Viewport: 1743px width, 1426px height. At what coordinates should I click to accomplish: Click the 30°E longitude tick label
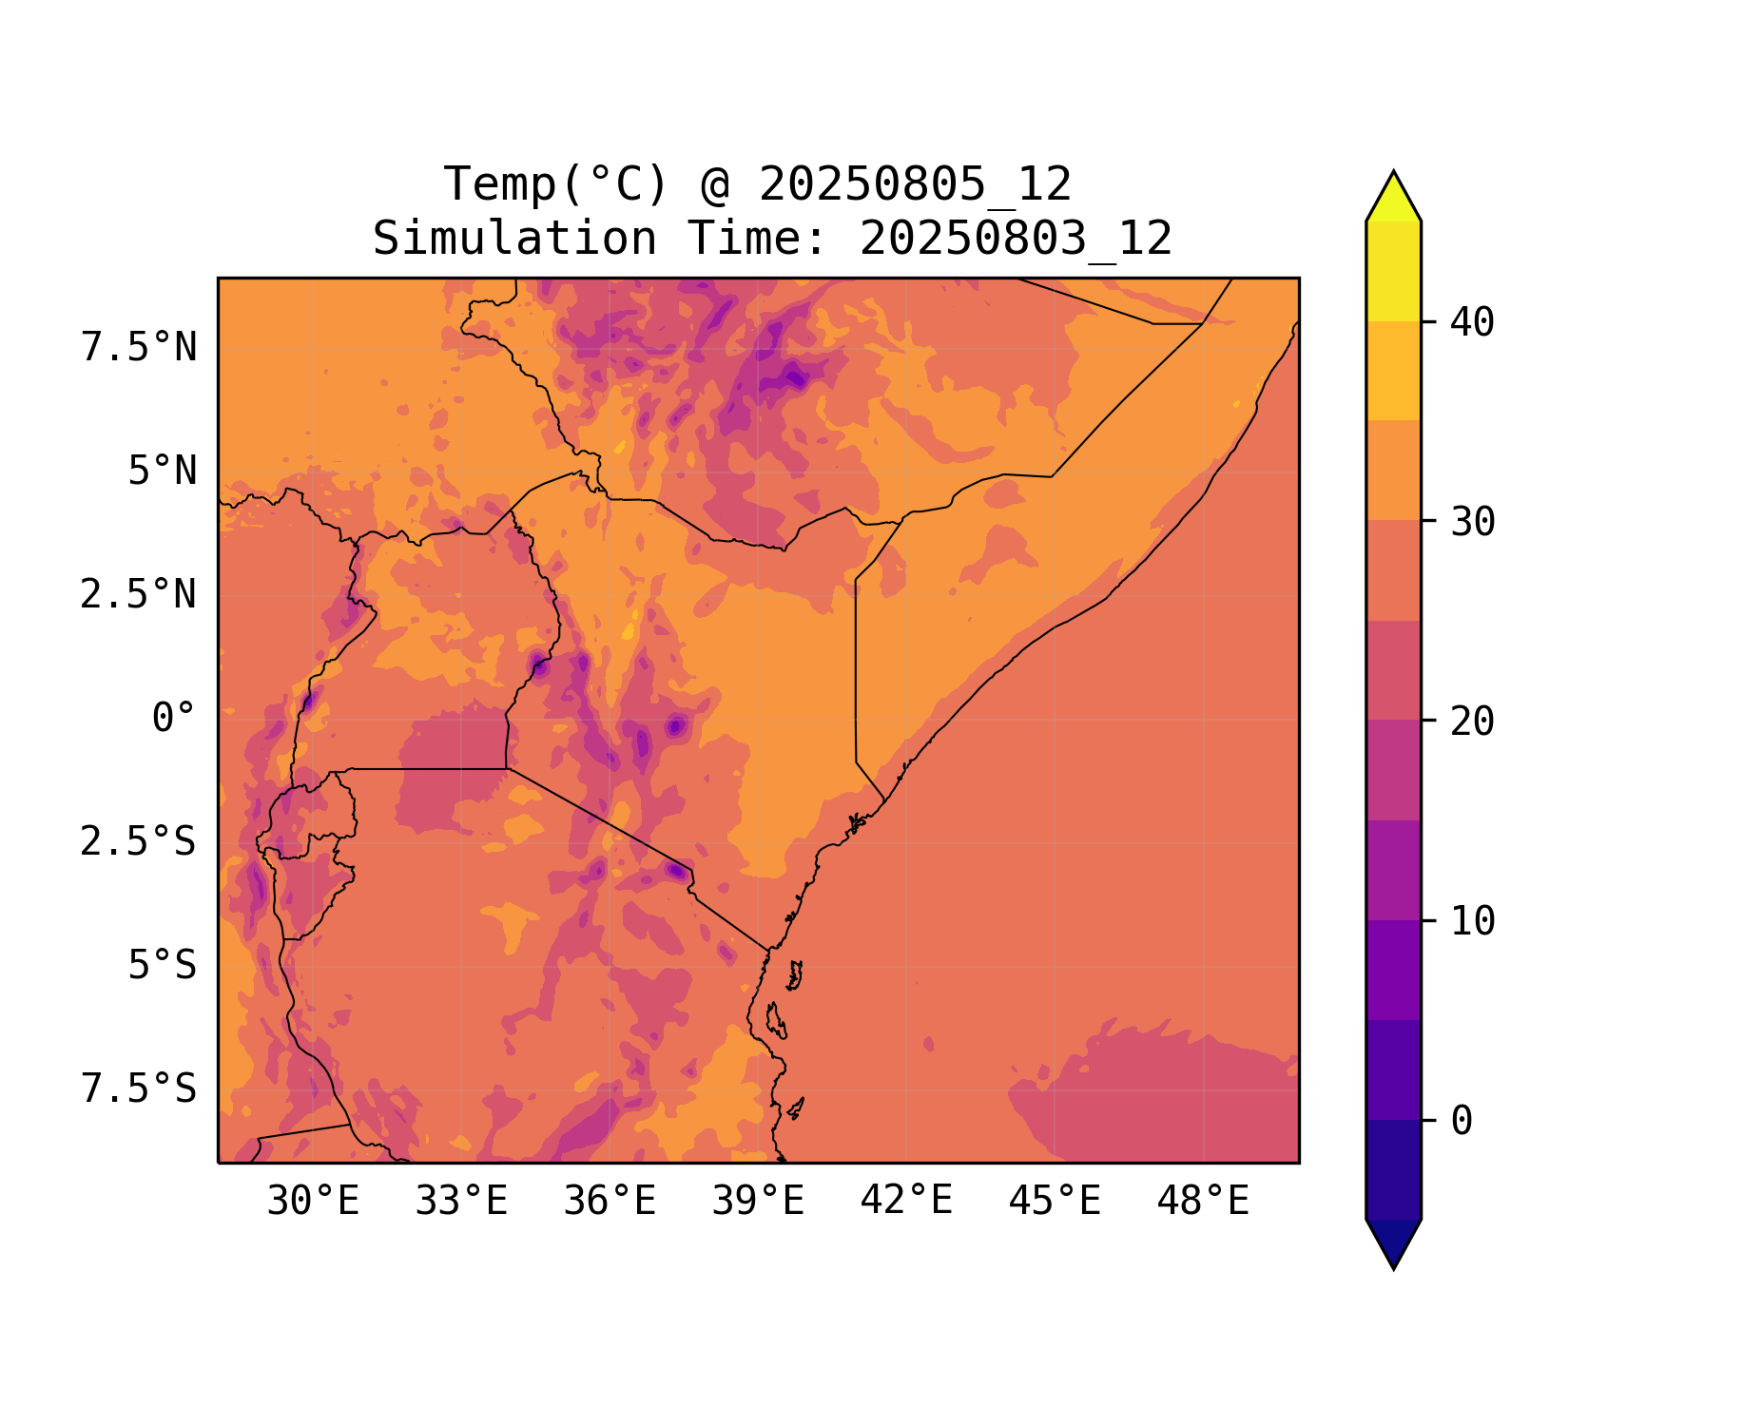tap(313, 1202)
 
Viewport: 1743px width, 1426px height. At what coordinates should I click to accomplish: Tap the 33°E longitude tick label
tap(461, 1202)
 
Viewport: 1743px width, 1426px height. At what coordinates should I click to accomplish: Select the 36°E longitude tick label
tap(610, 1202)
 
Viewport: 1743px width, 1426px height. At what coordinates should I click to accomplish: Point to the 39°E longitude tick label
tap(758, 1202)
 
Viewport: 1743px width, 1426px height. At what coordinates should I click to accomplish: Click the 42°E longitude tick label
tap(906, 1202)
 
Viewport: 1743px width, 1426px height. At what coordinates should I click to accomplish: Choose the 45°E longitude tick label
tap(1055, 1202)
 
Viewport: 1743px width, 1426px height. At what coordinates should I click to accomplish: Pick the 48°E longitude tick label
tap(1203, 1202)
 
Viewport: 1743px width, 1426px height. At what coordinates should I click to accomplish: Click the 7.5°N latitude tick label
tap(139, 348)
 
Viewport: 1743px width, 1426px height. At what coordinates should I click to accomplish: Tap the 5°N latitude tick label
tap(163, 472)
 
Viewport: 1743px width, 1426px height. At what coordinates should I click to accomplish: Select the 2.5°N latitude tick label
tap(139, 595)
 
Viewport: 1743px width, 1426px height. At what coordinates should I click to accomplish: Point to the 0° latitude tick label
tap(174, 719)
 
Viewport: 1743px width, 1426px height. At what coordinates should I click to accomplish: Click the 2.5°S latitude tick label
tap(139, 842)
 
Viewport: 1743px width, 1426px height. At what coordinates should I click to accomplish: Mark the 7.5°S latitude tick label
tap(139, 1089)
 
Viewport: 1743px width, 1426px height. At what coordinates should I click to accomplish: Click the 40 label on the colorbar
tap(1472, 322)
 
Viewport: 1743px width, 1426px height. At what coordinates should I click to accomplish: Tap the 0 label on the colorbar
tap(1462, 1122)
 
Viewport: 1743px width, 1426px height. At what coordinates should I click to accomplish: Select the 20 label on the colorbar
tap(1472, 722)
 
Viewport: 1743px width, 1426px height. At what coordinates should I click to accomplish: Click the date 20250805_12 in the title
tap(915, 184)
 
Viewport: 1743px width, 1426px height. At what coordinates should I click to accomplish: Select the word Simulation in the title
tap(514, 239)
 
